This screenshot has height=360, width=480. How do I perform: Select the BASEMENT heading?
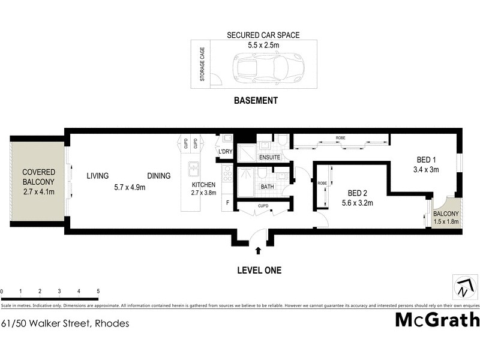tap(255, 101)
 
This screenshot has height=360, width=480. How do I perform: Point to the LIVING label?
tap(97, 176)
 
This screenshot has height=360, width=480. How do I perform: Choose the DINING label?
tap(159, 176)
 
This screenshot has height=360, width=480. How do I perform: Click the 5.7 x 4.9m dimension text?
tap(130, 187)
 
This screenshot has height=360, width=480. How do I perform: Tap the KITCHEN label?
tap(203, 184)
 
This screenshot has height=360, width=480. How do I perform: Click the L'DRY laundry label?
tap(225, 151)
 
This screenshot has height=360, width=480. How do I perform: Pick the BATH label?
tap(267, 187)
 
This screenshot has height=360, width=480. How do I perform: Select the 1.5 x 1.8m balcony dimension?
tap(446, 222)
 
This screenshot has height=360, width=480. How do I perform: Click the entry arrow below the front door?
tap(258, 251)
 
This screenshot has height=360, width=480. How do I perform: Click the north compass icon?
tap(462, 287)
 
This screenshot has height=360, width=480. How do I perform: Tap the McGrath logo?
tap(437, 319)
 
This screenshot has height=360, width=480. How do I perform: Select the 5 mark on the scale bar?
tap(98, 291)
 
